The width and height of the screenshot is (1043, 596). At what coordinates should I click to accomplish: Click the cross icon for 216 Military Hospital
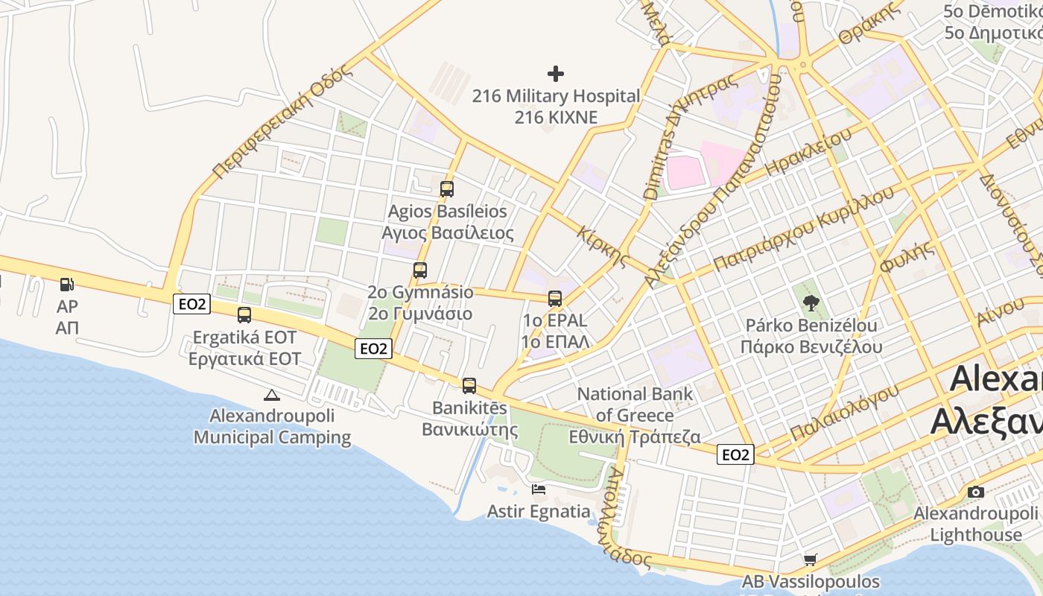point(556,74)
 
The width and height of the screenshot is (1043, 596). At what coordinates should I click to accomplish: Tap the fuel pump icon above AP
point(66,284)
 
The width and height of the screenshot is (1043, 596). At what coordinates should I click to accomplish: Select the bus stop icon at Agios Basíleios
point(447,189)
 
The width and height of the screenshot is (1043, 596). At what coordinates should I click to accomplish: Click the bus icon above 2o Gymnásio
point(420,270)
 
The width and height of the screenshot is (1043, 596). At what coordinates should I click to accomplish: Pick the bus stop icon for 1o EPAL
point(555,299)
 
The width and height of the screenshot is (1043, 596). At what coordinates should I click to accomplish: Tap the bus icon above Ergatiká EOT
point(244,315)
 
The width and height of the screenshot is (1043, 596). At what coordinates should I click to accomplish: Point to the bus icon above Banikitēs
point(469,386)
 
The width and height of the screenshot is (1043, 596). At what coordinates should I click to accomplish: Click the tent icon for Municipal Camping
point(271,395)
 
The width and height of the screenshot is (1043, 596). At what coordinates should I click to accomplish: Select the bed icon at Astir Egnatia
point(539,489)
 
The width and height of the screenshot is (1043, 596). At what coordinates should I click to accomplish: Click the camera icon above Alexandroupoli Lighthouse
point(975,492)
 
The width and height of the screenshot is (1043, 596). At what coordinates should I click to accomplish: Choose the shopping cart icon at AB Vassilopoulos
point(811,559)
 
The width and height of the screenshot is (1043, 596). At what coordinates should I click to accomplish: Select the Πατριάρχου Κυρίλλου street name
point(803,229)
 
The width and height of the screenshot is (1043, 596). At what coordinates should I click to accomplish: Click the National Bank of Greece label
point(635,405)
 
